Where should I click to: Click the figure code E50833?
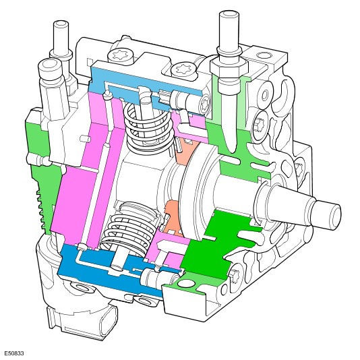point(14,353)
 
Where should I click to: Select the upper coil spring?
point(148,127)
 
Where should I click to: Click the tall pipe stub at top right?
point(229,34)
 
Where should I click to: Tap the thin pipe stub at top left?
point(61,36)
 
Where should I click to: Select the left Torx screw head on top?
point(120,56)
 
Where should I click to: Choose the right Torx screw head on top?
point(184,71)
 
